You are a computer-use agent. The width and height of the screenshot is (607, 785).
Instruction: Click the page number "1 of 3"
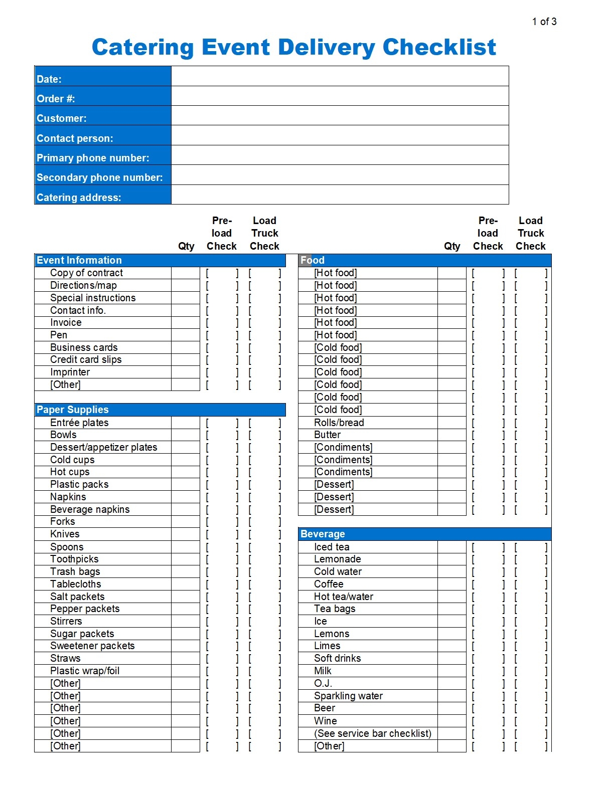click(x=544, y=22)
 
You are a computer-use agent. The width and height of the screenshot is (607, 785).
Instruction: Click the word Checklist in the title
click(x=439, y=48)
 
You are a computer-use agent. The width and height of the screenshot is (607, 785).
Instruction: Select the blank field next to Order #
click(x=340, y=96)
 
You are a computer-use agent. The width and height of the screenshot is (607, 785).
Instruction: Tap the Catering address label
click(x=79, y=198)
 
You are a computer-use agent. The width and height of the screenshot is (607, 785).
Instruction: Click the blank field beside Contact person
click(x=340, y=135)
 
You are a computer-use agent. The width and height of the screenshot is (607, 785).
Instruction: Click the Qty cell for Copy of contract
click(x=186, y=273)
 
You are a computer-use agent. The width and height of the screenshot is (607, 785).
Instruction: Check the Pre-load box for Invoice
click(x=222, y=323)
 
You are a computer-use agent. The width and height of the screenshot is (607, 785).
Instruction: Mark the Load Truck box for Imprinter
click(x=264, y=372)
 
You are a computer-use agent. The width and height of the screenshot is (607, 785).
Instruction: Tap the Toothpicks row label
click(x=74, y=559)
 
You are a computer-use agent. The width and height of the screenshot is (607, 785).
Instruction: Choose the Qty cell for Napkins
click(x=186, y=497)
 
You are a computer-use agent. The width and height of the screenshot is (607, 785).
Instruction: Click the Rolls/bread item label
click(x=339, y=423)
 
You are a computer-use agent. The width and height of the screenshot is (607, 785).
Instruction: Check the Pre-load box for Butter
click(x=488, y=435)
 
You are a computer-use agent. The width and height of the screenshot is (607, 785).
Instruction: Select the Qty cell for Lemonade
click(x=452, y=559)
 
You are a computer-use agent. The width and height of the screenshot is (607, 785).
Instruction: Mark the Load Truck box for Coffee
click(x=531, y=584)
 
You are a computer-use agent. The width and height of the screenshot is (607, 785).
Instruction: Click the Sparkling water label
click(x=348, y=696)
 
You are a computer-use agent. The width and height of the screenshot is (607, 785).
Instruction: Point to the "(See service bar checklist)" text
click(x=373, y=733)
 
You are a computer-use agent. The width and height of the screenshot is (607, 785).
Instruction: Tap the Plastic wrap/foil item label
click(x=85, y=671)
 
